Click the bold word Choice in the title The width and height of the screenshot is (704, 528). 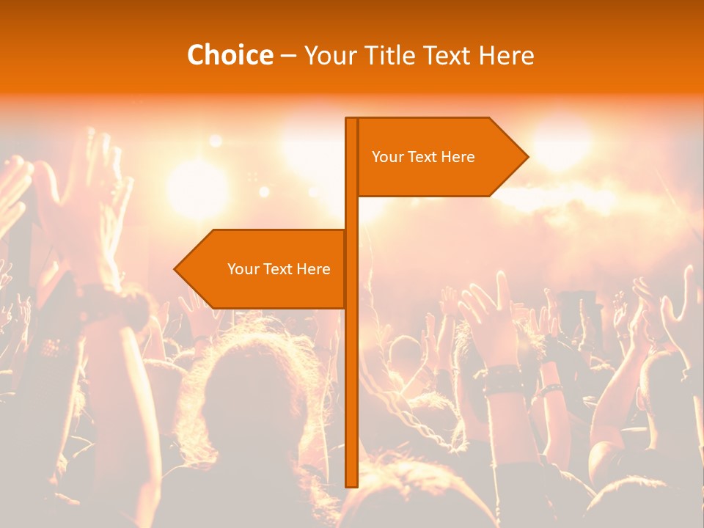click(230, 55)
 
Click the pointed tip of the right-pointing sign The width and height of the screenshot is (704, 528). click(527, 156)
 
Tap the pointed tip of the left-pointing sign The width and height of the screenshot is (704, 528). click(176, 269)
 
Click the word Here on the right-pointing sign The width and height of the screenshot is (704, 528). click(458, 157)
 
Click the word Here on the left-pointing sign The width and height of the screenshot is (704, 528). click(313, 269)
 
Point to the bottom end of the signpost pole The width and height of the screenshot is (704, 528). click(351, 484)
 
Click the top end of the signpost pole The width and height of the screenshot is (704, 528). click(351, 120)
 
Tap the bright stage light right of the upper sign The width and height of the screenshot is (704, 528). click(561, 139)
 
